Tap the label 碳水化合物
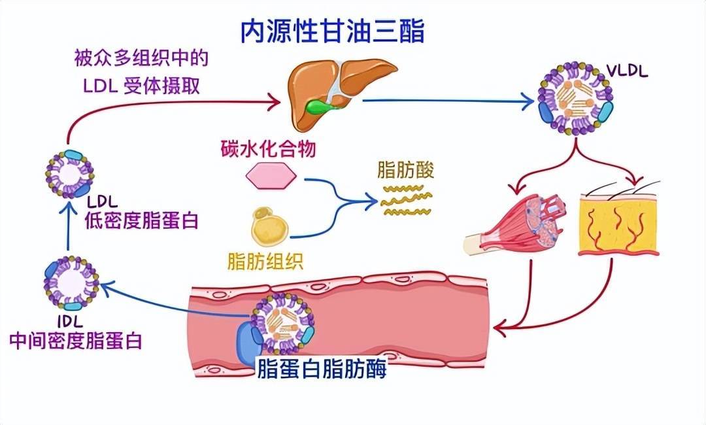(268, 150)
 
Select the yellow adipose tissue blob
(270, 226)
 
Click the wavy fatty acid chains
(406, 200)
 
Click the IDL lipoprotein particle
(71, 283)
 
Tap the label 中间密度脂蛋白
(75, 341)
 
